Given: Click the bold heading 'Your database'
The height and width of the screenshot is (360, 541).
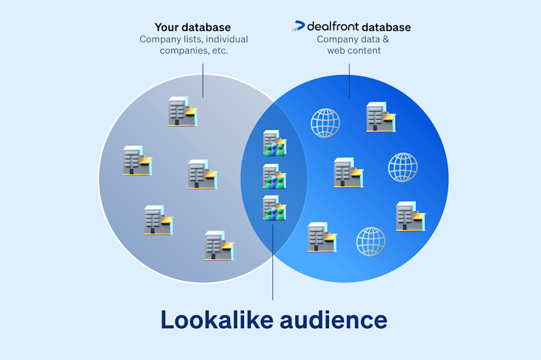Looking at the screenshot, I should (193, 27).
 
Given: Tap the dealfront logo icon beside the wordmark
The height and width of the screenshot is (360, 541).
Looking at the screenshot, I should (298, 26).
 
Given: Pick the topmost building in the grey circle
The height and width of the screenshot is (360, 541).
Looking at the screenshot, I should (183, 112).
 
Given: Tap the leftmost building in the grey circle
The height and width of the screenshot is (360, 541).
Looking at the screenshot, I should (136, 160).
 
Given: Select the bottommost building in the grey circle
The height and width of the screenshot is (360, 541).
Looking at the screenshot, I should (218, 245).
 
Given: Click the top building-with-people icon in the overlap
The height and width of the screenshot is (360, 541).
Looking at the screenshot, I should (274, 143).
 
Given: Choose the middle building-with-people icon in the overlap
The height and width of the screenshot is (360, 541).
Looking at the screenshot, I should (274, 176).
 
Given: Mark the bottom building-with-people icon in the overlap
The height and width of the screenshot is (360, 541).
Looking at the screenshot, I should (274, 208).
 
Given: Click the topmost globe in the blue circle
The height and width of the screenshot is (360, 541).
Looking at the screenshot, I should (325, 123).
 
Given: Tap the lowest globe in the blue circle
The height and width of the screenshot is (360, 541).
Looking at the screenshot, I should (371, 242).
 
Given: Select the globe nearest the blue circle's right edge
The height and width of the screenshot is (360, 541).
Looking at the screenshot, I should (403, 167).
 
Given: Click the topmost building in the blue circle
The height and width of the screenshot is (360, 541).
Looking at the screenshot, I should (381, 117).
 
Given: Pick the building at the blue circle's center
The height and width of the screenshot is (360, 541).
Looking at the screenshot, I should (348, 172).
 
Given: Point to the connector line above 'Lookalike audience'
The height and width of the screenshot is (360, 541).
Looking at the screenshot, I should (273, 264).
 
